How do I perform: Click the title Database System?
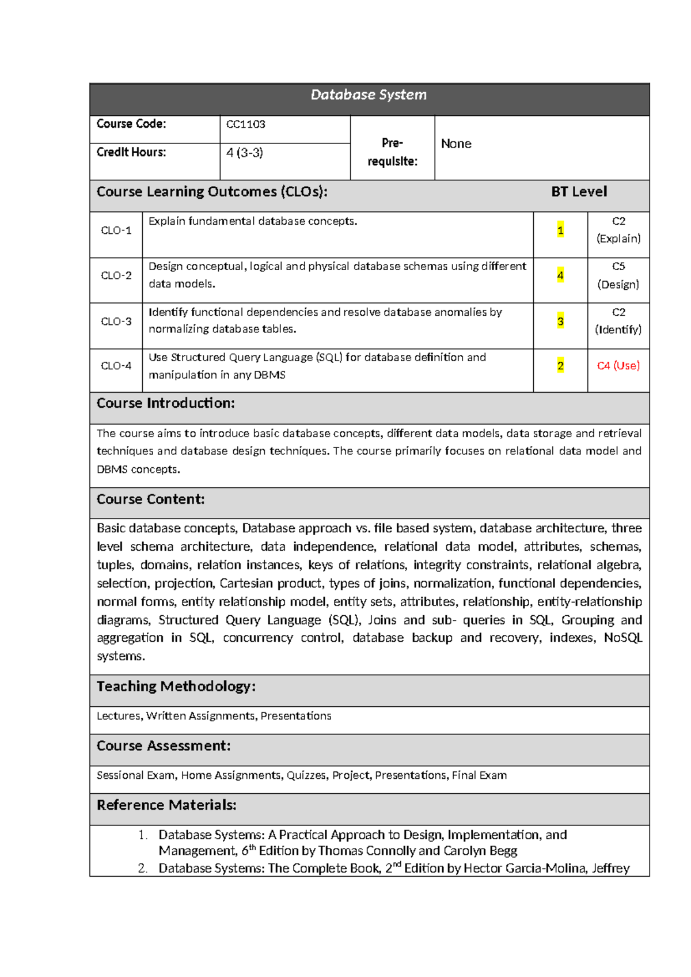369,95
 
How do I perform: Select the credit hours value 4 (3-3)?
245,153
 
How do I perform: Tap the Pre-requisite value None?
456,144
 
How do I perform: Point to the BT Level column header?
579,192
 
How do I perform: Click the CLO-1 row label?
116,230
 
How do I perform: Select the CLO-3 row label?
116,321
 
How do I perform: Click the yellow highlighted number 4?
560,276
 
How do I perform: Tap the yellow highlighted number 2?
560,366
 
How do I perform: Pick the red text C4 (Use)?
618,366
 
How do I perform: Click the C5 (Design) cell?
618,275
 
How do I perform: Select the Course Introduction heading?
166,403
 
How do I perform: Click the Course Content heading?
151,499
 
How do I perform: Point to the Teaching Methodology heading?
176,687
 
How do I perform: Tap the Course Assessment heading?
164,746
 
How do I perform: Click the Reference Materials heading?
166,805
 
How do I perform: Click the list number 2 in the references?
142,869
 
